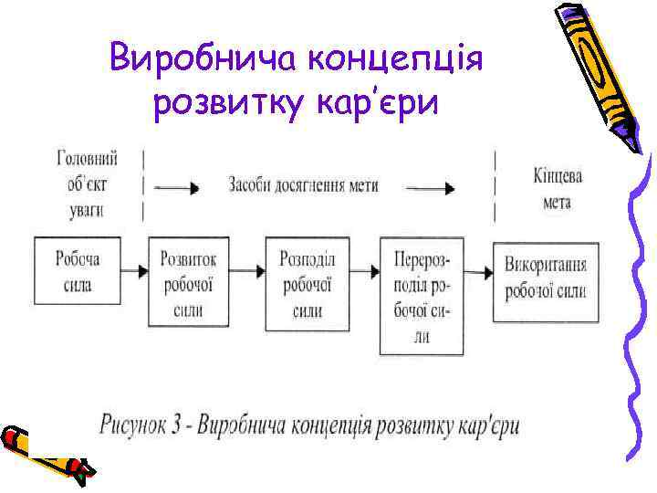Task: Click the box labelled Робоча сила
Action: [78, 272]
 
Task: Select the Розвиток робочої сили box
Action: [188, 284]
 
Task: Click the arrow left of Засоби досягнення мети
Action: [176, 189]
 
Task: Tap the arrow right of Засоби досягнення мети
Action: [430, 189]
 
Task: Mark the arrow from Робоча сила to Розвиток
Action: [134, 271]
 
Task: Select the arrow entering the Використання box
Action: [480, 271]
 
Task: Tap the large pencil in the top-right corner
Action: [598, 73]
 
